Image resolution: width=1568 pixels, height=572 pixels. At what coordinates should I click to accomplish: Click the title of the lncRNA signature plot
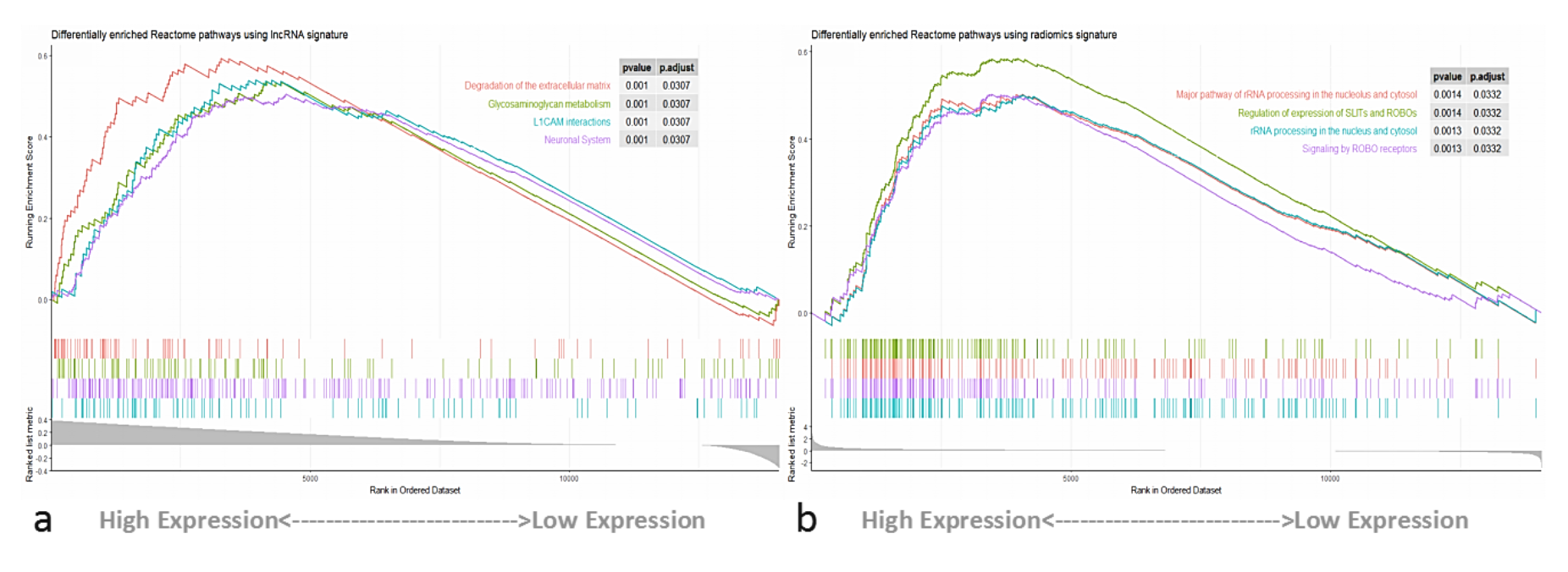click(199, 35)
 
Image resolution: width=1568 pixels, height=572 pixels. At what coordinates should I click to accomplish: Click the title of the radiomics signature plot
click(963, 35)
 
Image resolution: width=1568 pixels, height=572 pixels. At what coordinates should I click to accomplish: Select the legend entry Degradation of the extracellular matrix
click(537, 85)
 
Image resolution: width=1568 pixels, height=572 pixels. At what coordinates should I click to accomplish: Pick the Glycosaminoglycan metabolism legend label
click(549, 104)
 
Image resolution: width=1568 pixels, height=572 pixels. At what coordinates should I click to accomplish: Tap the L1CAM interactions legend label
click(571, 122)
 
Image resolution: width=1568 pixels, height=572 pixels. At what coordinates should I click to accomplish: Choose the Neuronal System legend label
click(577, 140)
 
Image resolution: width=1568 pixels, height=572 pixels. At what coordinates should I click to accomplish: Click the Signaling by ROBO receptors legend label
click(1359, 149)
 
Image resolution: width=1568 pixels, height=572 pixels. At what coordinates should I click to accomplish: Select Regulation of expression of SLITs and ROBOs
click(1327, 113)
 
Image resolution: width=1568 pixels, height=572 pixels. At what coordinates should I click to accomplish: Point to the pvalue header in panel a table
click(636, 68)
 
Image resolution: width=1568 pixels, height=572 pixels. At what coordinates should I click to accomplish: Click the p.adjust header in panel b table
click(1486, 76)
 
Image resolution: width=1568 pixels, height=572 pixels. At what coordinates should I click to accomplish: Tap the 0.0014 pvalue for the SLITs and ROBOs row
click(1447, 113)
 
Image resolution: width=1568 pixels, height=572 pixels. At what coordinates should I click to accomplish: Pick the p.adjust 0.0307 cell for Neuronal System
click(676, 140)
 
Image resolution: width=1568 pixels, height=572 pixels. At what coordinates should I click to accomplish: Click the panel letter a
click(42, 520)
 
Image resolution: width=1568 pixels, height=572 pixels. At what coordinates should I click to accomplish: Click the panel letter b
click(806, 519)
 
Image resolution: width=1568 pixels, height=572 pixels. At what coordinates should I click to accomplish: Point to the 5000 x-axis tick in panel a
click(310, 479)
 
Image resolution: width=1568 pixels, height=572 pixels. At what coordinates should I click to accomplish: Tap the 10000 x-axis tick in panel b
click(1330, 479)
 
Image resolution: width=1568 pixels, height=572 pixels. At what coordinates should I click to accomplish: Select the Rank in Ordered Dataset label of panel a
click(415, 490)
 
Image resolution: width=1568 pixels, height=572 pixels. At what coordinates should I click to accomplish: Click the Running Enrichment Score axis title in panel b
click(792, 192)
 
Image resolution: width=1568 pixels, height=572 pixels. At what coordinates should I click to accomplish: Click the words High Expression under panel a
click(188, 520)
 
